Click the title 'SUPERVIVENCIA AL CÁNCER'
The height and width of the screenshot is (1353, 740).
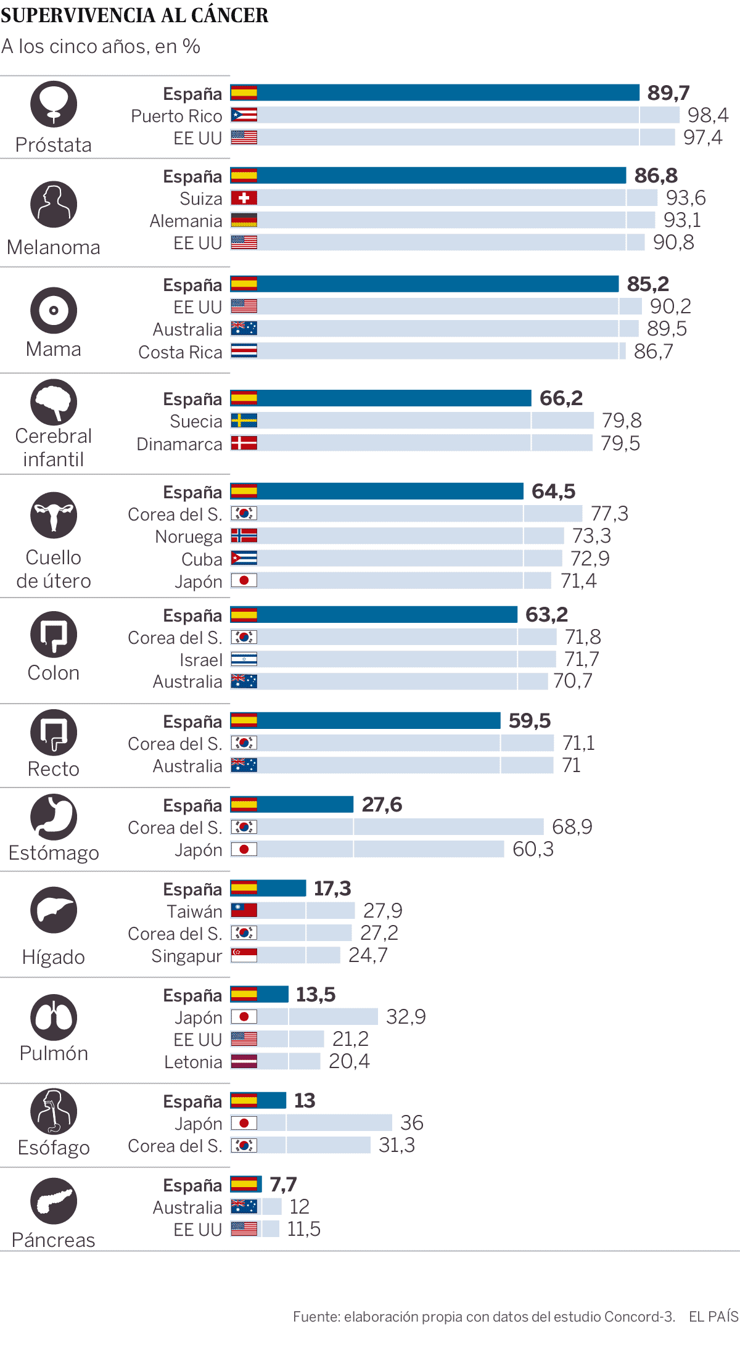(134, 15)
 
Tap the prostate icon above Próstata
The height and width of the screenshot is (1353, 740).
(54, 104)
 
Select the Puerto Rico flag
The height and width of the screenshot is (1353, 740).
(244, 115)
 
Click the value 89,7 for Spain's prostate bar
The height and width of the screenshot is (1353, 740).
(668, 93)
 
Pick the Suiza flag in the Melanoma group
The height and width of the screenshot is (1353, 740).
(244, 198)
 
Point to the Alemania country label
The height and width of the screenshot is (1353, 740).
(186, 221)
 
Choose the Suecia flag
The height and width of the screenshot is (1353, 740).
(244, 421)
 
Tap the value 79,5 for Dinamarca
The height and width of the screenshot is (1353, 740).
(620, 443)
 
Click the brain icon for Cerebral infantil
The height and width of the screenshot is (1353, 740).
(54, 401)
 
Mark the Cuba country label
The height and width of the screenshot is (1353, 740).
(202, 559)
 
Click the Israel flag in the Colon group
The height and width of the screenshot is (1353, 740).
(244, 659)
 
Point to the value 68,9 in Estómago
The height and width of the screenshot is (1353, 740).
(572, 827)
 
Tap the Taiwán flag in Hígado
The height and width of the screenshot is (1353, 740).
(244, 910)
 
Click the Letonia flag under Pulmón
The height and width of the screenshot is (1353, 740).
(244, 1061)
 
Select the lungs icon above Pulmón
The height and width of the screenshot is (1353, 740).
(54, 1018)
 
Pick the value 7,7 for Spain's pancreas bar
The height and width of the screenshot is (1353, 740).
(283, 1185)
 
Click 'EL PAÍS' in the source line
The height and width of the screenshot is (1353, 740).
(713, 1317)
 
